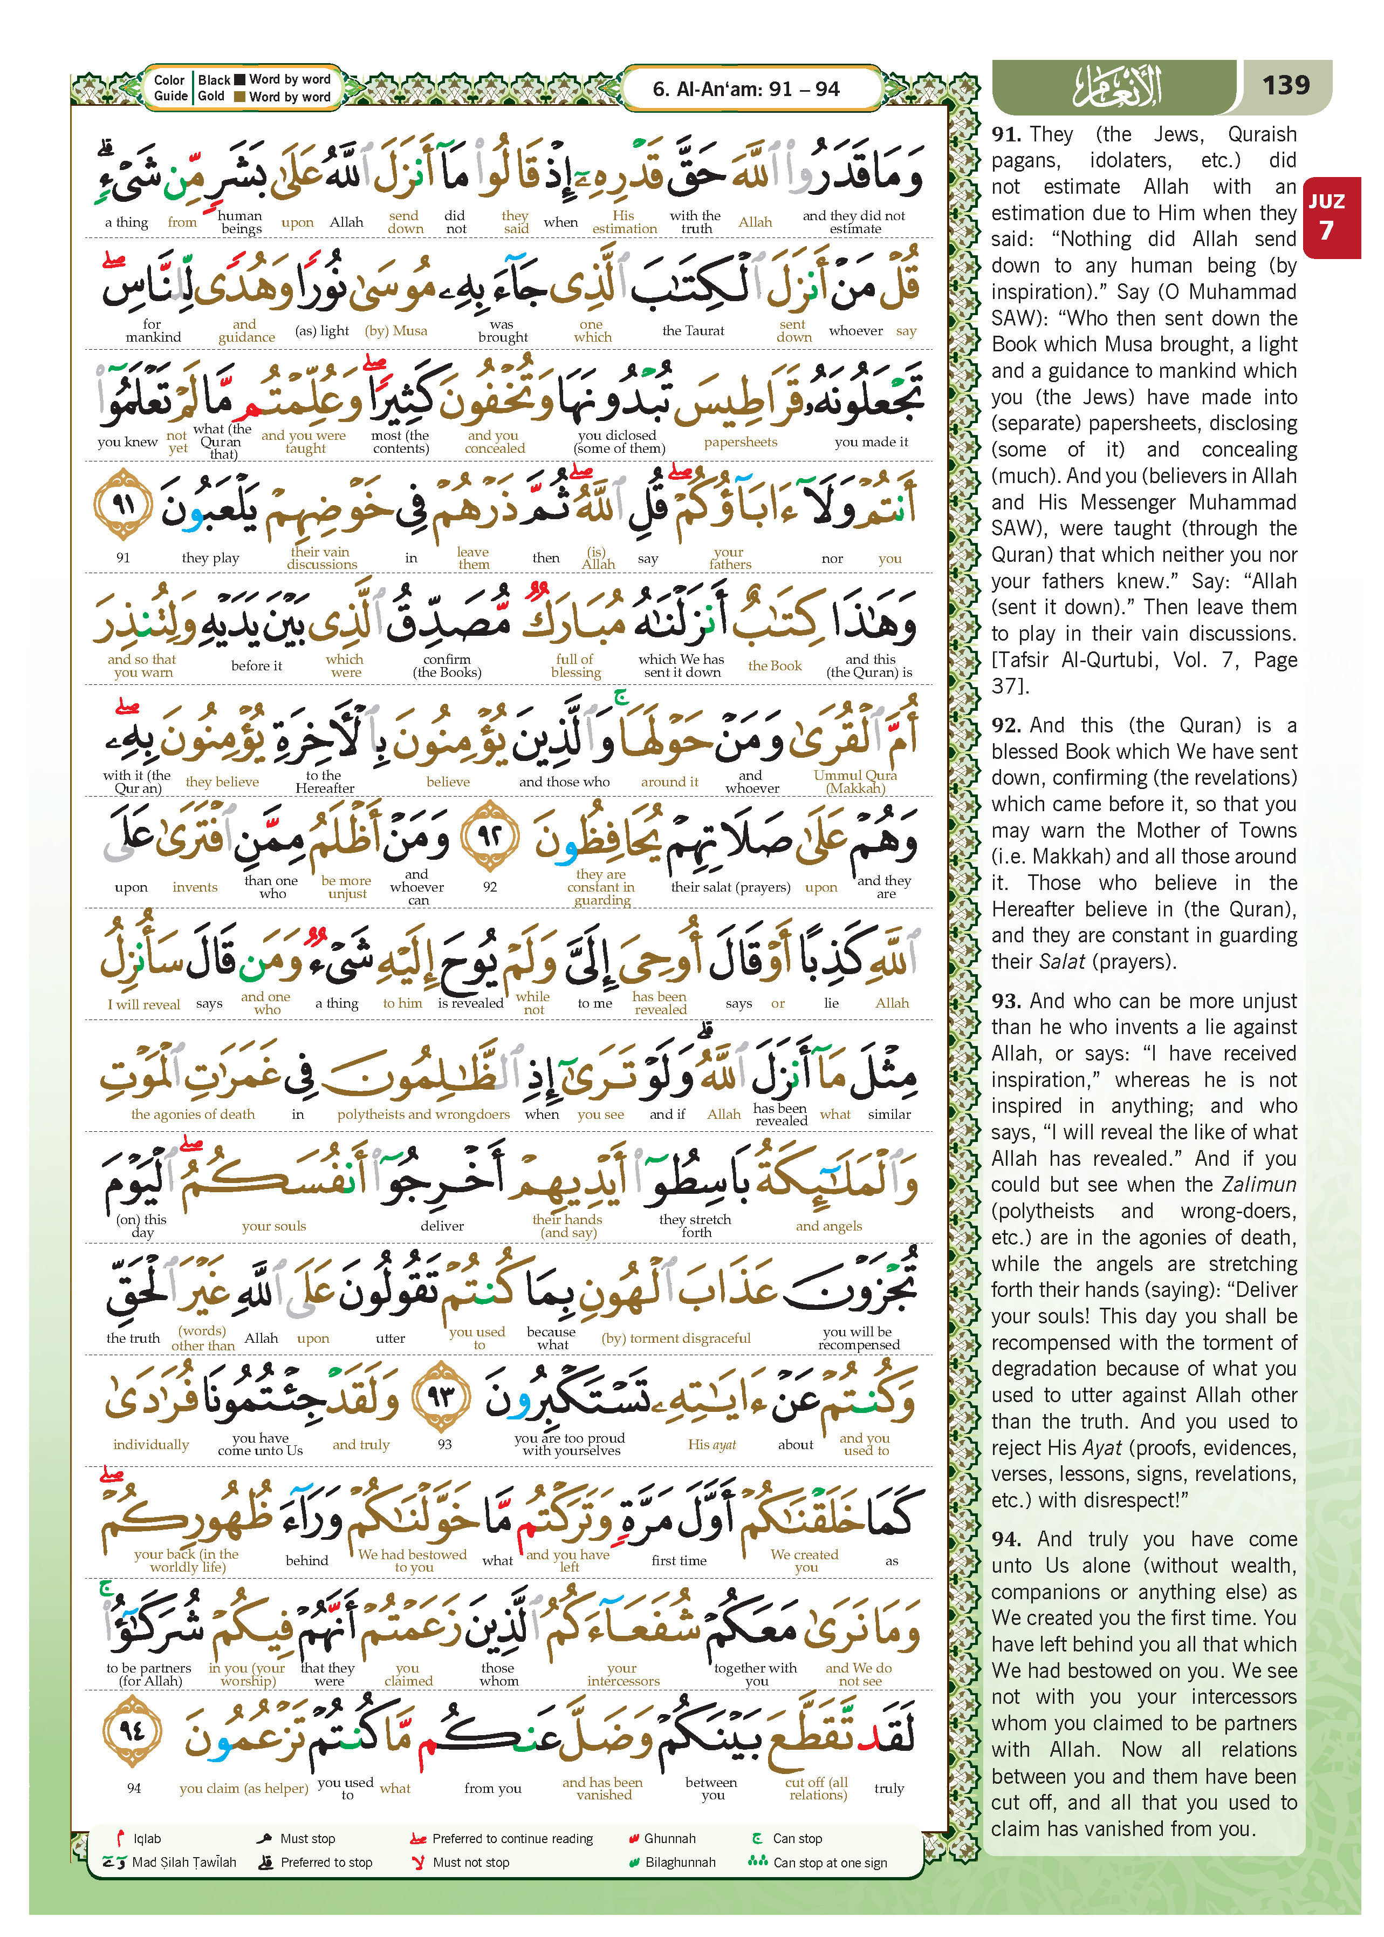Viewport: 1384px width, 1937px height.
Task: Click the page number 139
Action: point(1285,85)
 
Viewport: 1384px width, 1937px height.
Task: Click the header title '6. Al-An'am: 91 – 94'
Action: point(746,89)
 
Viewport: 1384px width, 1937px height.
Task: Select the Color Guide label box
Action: point(169,88)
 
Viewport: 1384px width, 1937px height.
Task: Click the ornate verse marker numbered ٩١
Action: point(124,504)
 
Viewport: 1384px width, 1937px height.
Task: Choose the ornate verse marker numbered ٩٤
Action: point(132,1731)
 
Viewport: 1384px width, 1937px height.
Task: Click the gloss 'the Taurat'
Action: point(693,331)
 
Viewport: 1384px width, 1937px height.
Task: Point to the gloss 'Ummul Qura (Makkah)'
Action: point(855,781)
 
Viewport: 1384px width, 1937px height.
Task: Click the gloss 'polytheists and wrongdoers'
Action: point(423,1114)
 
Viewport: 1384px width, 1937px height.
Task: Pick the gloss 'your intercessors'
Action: point(623,1674)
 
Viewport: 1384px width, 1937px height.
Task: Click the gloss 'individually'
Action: point(151,1444)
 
